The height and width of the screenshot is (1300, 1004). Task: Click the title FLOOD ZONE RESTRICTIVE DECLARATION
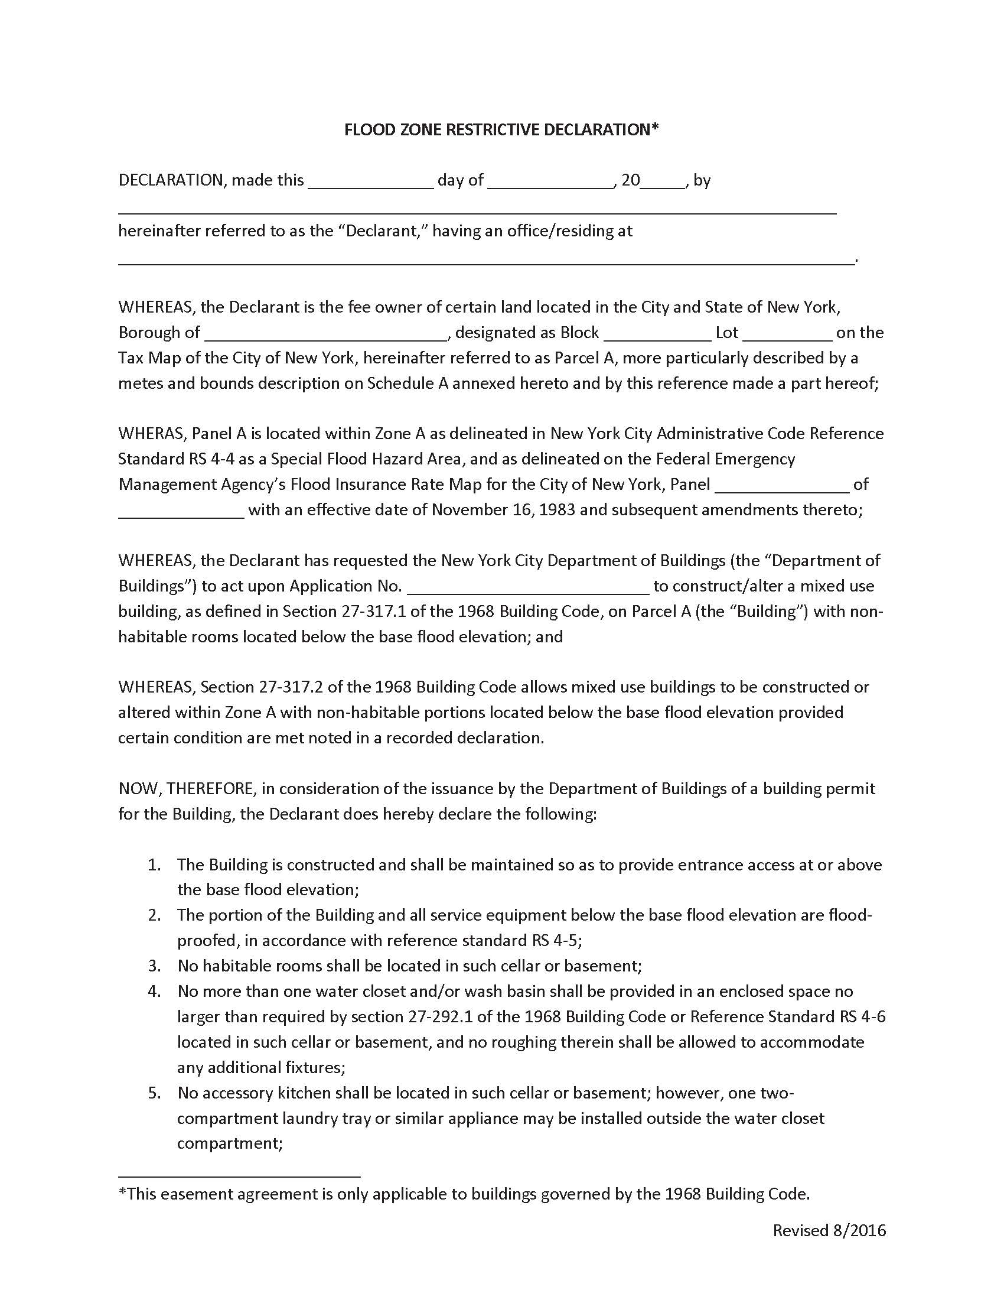click(x=501, y=130)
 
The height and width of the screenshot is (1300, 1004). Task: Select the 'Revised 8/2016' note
click(x=829, y=1230)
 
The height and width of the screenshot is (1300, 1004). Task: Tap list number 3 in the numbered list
click(x=155, y=966)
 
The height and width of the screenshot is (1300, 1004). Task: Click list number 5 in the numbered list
click(x=155, y=1093)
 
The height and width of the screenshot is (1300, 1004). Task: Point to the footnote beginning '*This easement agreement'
click(x=464, y=1194)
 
